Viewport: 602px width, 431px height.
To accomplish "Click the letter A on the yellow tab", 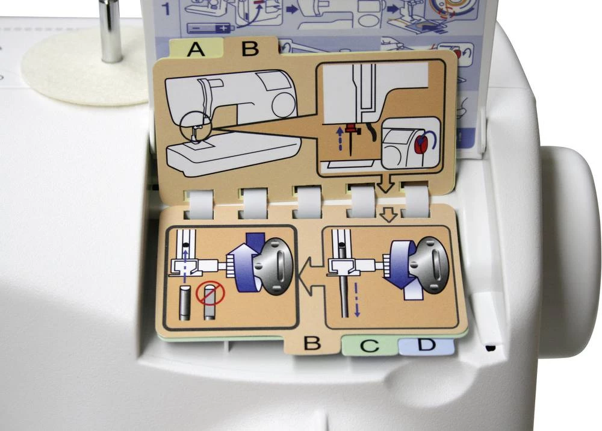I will pos(196,49).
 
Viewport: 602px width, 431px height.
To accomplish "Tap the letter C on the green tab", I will pos(370,346).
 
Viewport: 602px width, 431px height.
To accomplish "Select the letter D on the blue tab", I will pos(426,346).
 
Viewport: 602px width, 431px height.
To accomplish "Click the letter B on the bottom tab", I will pos(312,344).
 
